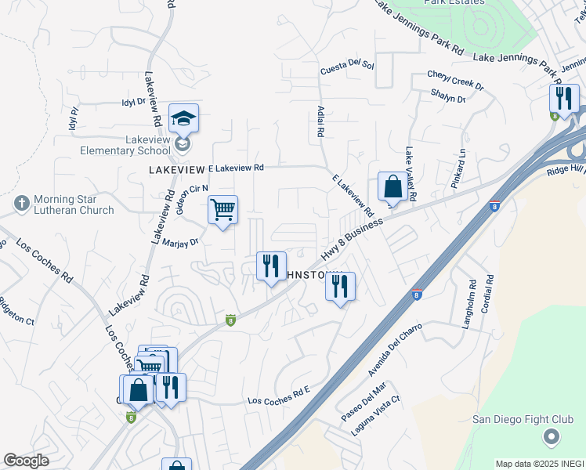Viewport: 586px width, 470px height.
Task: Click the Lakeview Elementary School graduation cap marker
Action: pyautogui.click(x=183, y=118)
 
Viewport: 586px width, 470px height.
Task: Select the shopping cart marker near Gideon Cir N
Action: pyautogui.click(x=223, y=209)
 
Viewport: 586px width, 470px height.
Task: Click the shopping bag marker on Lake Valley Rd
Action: pyautogui.click(x=393, y=186)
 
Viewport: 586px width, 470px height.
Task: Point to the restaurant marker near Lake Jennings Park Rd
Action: pyautogui.click(x=563, y=99)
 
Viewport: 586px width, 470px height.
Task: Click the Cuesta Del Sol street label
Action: pyautogui.click(x=347, y=70)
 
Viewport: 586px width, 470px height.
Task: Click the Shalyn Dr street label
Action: pyautogui.click(x=448, y=95)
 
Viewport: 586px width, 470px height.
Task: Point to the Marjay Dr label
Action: pyautogui.click(x=182, y=243)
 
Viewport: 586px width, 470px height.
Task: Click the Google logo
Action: pyautogui.click(x=26, y=461)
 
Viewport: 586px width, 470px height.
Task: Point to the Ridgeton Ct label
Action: pyautogui.click(x=16, y=311)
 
